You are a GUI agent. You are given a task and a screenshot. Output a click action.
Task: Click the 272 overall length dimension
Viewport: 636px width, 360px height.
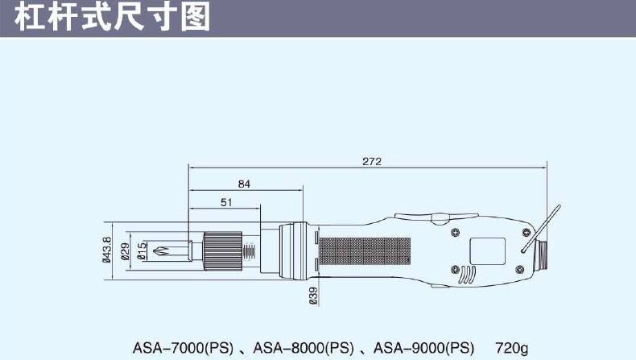(371, 161)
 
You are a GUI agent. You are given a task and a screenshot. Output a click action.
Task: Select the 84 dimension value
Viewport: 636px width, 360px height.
(244, 184)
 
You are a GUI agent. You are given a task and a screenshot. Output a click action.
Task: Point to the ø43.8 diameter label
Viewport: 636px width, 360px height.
(107, 250)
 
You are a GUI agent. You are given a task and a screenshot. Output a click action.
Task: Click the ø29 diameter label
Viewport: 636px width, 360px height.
(126, 250)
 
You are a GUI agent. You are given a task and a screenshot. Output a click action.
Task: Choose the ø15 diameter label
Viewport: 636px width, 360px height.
(142, 250)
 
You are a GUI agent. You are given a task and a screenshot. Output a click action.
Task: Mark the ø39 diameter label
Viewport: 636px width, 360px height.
(312, 296)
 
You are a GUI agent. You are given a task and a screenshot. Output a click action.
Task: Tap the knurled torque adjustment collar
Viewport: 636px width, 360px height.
(221, 249)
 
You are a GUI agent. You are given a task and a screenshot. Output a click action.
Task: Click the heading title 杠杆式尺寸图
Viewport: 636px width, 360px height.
(113, 17)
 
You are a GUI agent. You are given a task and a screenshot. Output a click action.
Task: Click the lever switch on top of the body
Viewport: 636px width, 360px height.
(439, 217)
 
